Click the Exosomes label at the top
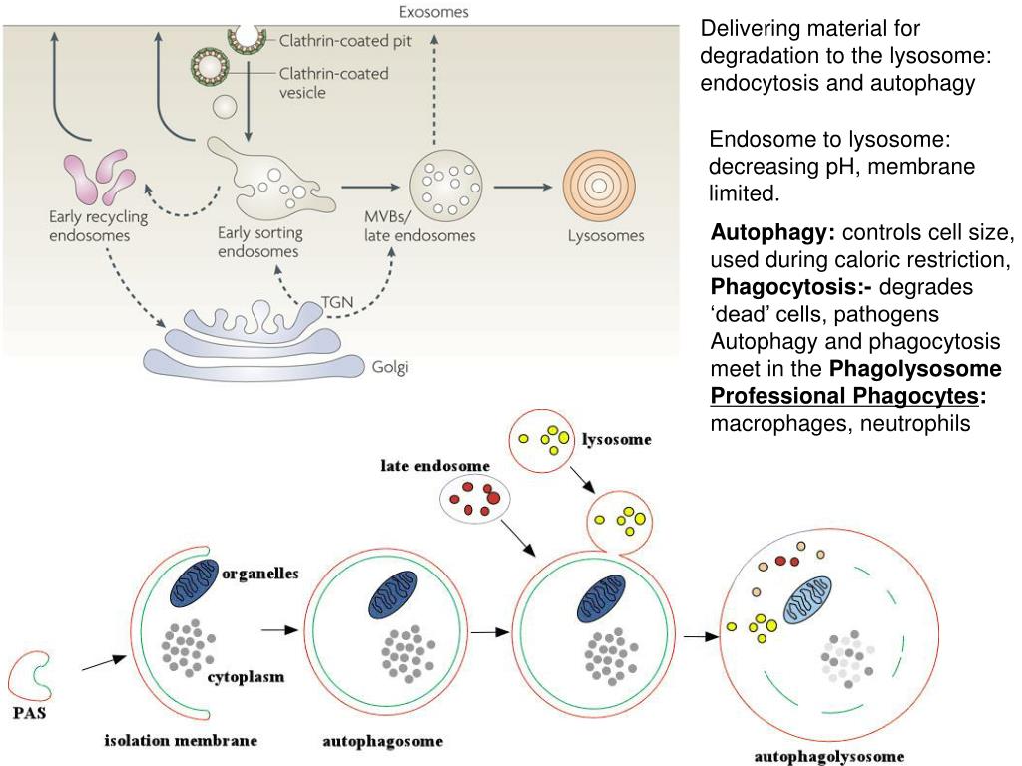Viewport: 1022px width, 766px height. pyautogui.click(x=433, y=13)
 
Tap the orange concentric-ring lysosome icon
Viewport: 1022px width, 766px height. pyautogui.click(x=599, y=187)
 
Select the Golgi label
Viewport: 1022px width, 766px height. pyautogui.click(x=390, y=367)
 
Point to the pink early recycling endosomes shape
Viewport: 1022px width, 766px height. pyautogui.click(x=98, y=178)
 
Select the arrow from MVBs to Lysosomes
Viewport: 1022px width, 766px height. pyautogui.click(x=523, y=187)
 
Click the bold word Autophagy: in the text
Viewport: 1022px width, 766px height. pyautogui.click(x=772, y=234)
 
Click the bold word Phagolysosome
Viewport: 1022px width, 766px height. pyautogui.click(x=916, y=369)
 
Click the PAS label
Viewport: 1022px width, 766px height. pyautogui.click(x=28, y=714)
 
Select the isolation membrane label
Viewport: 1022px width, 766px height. pyautogui.click(x=181, y=740)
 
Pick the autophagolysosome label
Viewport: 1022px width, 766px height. pyautogui.click(x=829, y=757)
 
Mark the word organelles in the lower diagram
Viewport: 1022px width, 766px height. pyautogui.click(x=260, y=574)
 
